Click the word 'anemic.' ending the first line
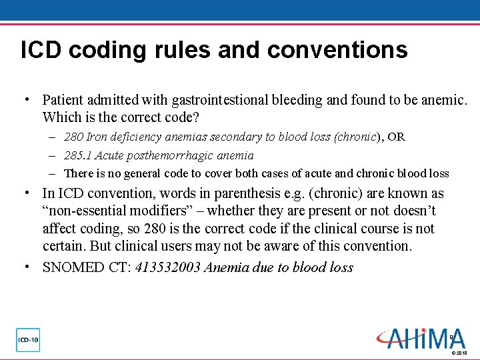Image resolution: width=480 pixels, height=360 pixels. point(445,100)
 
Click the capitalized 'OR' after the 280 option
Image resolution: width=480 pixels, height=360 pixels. point(396,137)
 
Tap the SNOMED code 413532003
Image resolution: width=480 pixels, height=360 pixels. point(168,268)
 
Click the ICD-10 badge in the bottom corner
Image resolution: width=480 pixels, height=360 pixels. point(28,340)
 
